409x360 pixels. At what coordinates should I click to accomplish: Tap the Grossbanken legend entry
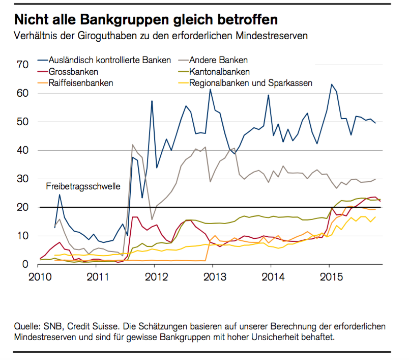76,71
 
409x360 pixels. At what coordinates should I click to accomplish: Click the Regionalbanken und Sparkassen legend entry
250,82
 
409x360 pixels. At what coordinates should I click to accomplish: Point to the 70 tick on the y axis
22,65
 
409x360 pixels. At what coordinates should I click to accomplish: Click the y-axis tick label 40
22,150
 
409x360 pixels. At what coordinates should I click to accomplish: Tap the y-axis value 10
22,236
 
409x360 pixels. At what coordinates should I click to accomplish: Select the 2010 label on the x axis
39,278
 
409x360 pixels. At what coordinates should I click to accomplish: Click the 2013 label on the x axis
212,278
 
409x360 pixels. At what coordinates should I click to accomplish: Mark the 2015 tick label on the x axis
329,278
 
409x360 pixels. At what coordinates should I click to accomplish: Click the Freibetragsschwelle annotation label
83,186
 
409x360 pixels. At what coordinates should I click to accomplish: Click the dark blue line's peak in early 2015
332,85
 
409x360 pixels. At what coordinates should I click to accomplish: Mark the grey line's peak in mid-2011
133,145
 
